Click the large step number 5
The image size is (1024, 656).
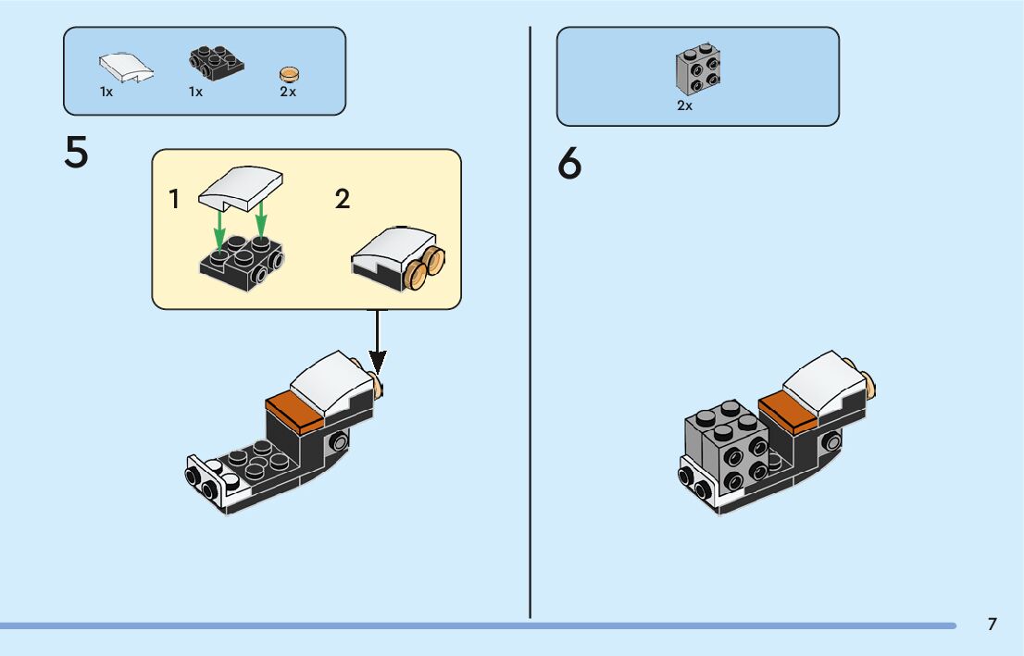[76, 152]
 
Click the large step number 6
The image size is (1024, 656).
[569, 163]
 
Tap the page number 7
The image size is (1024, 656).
[992, 624]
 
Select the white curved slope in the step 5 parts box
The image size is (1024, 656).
[126, 68]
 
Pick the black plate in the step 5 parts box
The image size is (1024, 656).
[216, 63]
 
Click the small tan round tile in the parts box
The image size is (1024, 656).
[289, 74]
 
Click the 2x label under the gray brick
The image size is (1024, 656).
[684, 105]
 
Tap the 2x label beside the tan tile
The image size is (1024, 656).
[288, 92]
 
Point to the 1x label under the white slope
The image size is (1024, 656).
[106, 92]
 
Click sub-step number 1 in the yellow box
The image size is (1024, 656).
[174, 199]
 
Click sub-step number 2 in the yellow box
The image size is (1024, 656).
[343, 199]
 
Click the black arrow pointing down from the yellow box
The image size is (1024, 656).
[377, 342]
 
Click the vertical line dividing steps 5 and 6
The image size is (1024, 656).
[530, 323]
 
